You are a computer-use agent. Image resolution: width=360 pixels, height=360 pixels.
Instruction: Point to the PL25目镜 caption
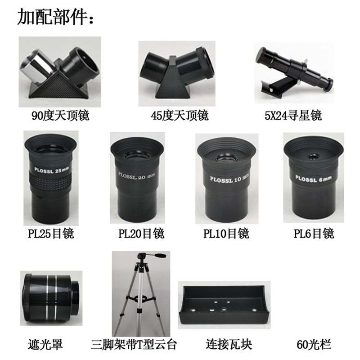[x=50, y=234]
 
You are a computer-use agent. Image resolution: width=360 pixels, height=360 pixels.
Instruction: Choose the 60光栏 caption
[x=314, y=345]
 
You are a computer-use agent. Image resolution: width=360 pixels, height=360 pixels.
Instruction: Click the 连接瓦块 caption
[x=224, y=345]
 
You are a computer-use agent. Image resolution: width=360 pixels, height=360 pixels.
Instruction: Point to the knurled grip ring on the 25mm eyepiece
[x=50, y=184]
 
